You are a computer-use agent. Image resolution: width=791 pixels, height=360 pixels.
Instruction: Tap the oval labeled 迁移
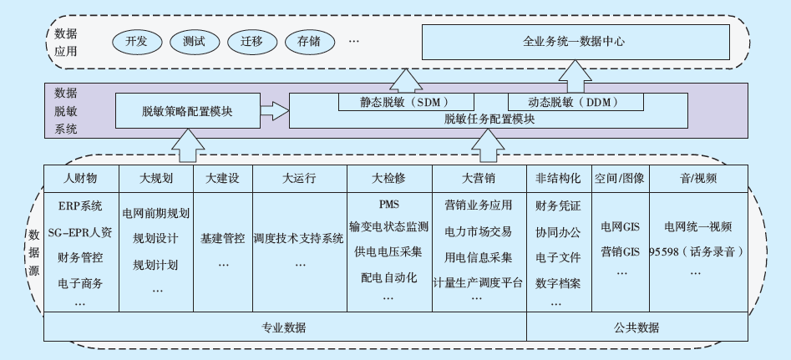click(251, 41)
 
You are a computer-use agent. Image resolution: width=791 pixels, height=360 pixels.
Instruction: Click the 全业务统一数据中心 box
click(574, 41)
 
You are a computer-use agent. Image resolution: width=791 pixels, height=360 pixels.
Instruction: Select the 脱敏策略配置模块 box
click(186, 110)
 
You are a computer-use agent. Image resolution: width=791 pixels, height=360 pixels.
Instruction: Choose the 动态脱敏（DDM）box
click(576, 102)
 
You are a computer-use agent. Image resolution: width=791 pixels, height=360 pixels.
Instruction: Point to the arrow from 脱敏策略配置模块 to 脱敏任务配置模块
click(272, 109)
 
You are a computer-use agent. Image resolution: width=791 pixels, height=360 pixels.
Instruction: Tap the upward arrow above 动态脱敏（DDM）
click(576, 81)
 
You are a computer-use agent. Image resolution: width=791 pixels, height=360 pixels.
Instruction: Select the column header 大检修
click(389, 178)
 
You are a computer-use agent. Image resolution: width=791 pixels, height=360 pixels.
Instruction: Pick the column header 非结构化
click(559, 178)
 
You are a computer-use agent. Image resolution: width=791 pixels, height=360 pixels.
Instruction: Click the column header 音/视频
click(698, 178)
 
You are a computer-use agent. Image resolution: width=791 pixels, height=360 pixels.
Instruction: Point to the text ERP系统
click(80, 205)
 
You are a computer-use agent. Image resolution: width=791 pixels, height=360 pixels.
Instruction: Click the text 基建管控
click(222, 238)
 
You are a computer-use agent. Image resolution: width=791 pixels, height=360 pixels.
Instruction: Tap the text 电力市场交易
click(479, 231)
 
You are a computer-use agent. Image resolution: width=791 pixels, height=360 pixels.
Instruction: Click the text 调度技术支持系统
click(298, 238)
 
